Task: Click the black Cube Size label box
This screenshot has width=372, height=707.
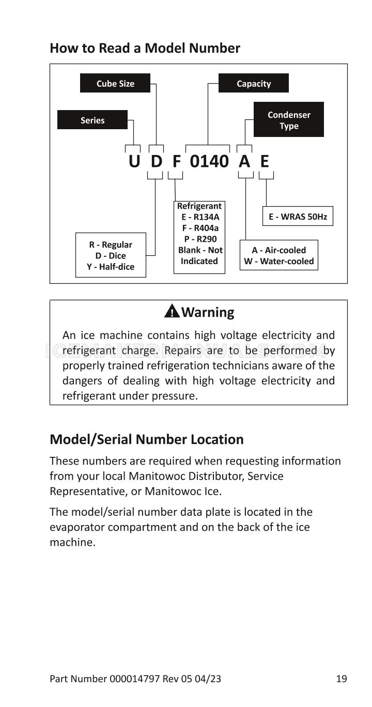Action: [x=115, y=83]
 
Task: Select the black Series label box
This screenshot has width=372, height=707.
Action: [x=92, y=119]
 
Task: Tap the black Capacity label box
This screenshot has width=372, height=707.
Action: [x=253, y=83]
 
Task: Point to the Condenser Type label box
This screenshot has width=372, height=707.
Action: [x=289, y=119]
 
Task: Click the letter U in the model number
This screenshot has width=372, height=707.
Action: [x=134, y=161]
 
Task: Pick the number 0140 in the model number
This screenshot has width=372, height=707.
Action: [x=209, y=161]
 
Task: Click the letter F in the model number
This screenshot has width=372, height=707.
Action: [x=176, y=161]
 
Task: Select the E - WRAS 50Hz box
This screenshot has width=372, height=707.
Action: [x=298, y=216]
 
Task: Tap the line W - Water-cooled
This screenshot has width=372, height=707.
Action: [x=279, y=261]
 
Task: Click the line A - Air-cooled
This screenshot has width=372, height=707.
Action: [x=279, y=250]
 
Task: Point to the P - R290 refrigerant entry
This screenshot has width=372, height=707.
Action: [x=200, y=239]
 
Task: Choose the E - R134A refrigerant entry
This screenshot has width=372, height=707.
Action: [x=200, y=217]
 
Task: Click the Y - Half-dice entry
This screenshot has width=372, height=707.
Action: [x=111, y=267]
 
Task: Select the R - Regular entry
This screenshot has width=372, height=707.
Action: [x=111, y=244]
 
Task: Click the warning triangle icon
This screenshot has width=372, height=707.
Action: [x=172, y=311]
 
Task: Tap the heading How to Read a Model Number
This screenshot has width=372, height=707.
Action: [x=145, y=48]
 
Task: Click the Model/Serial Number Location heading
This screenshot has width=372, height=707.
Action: [x=147, y=439]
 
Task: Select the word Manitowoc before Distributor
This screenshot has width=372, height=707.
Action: [x=157, y=476]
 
